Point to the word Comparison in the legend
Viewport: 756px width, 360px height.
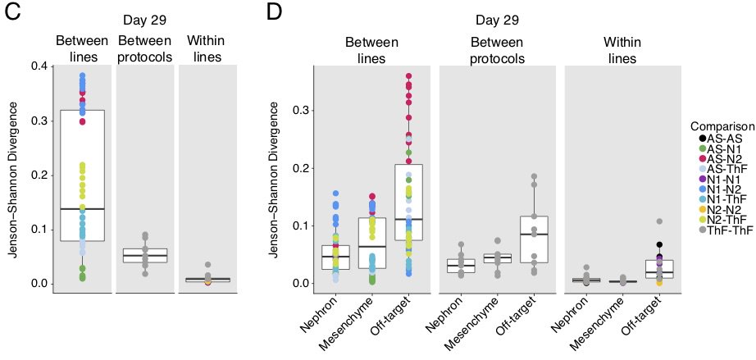click(722, 126)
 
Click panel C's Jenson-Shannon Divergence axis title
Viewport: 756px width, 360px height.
click(12, 175)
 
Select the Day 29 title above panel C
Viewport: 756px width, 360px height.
click(145, 20)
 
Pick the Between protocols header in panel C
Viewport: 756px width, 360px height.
click(145, 48)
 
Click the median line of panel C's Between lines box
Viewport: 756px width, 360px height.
click(82, 209)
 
